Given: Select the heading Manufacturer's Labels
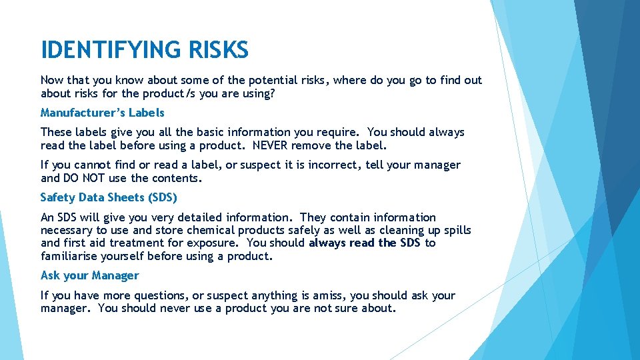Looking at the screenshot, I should coord(102,113).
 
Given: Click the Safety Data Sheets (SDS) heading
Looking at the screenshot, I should coord(109,197).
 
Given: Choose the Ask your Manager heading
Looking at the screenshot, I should coord(89,275).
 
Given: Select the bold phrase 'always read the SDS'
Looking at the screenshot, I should coord(364,243).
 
